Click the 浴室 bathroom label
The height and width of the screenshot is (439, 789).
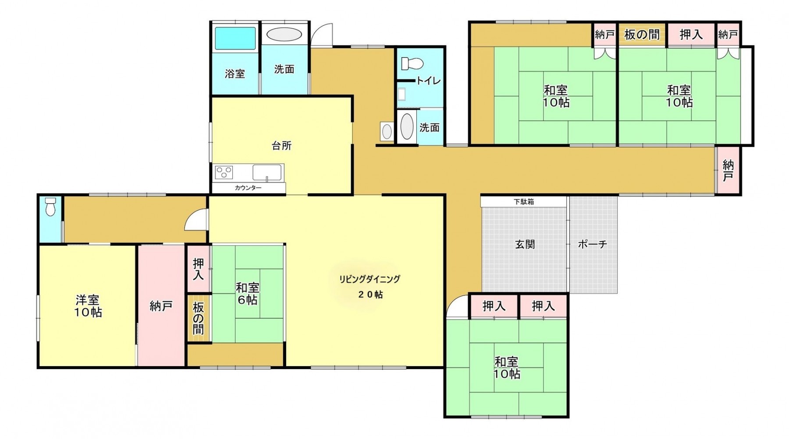pos(235,74)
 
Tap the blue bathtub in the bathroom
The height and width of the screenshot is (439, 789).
pos(235,39)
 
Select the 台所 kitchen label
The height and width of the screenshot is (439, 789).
pos(281,146)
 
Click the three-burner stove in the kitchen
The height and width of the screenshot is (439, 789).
pos(224,172)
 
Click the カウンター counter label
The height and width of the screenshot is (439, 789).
pos(248,188)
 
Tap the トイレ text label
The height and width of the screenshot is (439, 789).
pos(429,81)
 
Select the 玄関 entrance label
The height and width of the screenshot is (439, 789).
pos(525,245)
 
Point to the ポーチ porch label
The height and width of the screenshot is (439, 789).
pos(592,245)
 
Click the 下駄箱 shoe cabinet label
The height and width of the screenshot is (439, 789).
pos(524,202)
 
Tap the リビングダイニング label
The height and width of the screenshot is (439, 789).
pos(370,279)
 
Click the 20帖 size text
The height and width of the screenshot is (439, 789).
pos(370,295)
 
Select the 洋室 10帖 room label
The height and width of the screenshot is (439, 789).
pos(88,306)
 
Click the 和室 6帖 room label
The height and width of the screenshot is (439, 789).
pos(247,294)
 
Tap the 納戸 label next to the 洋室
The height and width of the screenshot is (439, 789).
pos(161,306)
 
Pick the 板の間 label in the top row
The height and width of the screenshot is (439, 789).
pos(642,35)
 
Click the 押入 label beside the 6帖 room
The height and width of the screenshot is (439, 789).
pos(199,269)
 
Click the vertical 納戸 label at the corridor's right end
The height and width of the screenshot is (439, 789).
pos(728,171)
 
